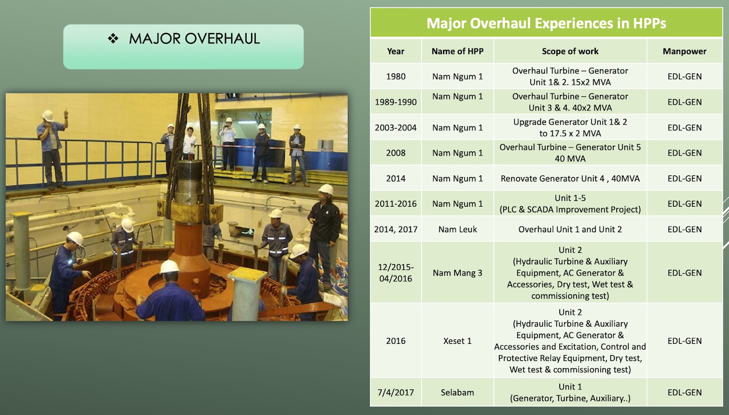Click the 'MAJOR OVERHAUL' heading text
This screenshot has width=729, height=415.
194,39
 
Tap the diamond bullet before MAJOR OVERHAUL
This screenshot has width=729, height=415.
113,38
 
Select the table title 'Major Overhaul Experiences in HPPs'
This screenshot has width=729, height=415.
546,23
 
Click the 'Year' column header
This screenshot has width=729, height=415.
396,51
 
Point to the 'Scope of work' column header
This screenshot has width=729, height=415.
570,51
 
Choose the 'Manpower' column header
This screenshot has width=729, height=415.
685,51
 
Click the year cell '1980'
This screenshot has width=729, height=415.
396,76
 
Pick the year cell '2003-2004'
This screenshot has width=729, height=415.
396,128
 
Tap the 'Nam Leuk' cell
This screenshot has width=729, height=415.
457,229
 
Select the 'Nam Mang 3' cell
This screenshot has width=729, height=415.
457,273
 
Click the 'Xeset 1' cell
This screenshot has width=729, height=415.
457,341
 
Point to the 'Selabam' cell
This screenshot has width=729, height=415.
457,393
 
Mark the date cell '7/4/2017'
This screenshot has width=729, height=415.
396,393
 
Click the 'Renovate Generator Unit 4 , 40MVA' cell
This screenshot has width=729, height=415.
570,179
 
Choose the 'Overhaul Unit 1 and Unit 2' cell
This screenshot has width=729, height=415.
570,229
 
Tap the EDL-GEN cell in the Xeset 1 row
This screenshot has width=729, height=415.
685,341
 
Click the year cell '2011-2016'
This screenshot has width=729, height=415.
396,204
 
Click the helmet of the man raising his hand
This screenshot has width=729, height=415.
48,116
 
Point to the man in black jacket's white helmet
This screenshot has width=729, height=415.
326,189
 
